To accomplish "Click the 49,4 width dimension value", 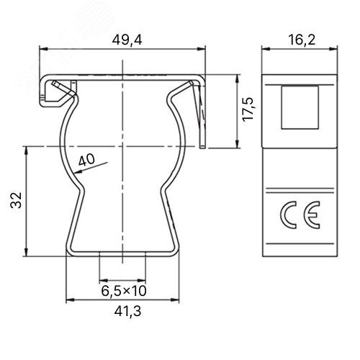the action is click(x=127, y=40).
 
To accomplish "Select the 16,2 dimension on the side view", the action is click(x=302, y=40).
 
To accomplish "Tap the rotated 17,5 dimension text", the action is click(x=248, y=109).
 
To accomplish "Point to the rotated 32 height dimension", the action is click(x=17, y=200).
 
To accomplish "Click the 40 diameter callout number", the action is click(x=86, y=160).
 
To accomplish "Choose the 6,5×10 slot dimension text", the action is click(x=124, y=291).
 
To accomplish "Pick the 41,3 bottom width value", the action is click(x=127, y=312).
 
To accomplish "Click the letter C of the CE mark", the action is click(x=288, y=215).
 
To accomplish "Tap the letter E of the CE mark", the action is click(x=312, y=215).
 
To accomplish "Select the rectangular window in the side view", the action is click(x=300, y=107).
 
